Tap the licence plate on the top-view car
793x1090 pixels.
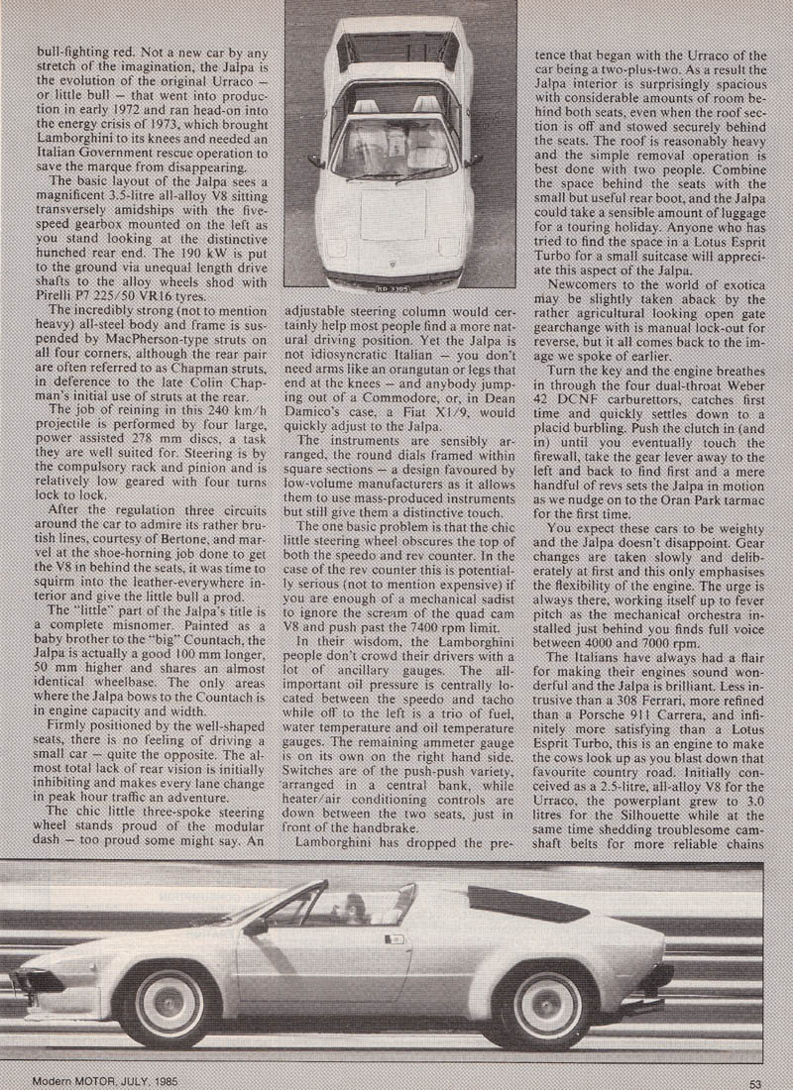pyautogui.click(x=393, y=290)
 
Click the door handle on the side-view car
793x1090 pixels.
pyautogui.click(x=396, y=937)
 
